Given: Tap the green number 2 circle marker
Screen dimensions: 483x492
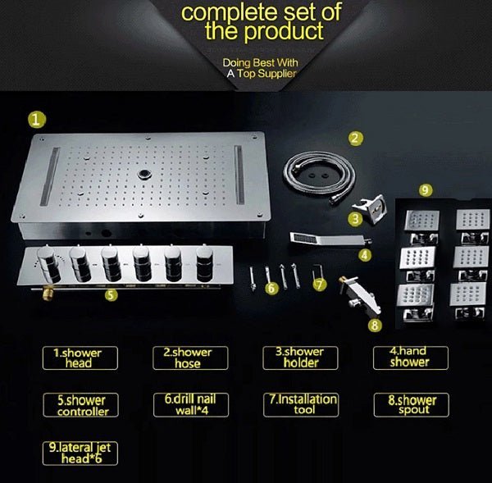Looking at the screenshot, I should tap(355, 139).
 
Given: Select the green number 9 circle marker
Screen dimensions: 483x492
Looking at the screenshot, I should tap(424, 189).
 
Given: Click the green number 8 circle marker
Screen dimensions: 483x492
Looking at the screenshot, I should tap(375, 326).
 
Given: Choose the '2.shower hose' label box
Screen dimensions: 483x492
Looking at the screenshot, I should tap(188, 358).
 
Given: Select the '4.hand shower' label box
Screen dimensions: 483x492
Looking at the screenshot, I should tap(408, 357).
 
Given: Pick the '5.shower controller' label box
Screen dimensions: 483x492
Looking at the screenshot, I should tap(81, 405).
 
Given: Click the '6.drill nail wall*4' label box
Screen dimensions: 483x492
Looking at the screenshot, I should tap(189, 405).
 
